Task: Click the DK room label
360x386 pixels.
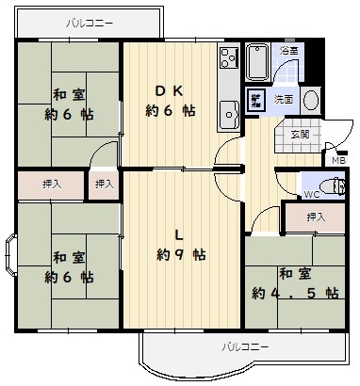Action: (x=169, y=91)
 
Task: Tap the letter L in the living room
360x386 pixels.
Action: (x=179, y=234)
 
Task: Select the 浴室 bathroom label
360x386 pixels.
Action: (x=289, y=51)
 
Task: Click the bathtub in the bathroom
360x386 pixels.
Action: (x=257, y=62)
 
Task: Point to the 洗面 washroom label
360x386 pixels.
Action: (x=284, y=100)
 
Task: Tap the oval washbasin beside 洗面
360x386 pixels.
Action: (x=312, y=100)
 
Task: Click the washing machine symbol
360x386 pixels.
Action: (x=255, y=100)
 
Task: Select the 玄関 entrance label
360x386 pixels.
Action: (x=300, y=135)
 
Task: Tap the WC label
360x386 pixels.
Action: (x=312, y=195)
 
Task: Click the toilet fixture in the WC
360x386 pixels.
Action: (x=335, y=186)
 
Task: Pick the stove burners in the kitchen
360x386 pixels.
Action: (x=228, y=58)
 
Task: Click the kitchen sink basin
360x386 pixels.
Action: (x=229, y=115)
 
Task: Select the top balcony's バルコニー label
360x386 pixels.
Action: (x=90, y=24)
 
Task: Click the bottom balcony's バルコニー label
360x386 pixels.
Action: (x=245, y=347)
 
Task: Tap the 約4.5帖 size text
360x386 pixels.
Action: (x=295, y=293)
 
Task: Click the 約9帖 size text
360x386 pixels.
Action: (x=182, y=254)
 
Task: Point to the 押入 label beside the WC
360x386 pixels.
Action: (x=316, y=217)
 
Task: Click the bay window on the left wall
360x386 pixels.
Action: (x=10, y=255)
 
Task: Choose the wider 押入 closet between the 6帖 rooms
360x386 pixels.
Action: (x=51, y=185)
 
